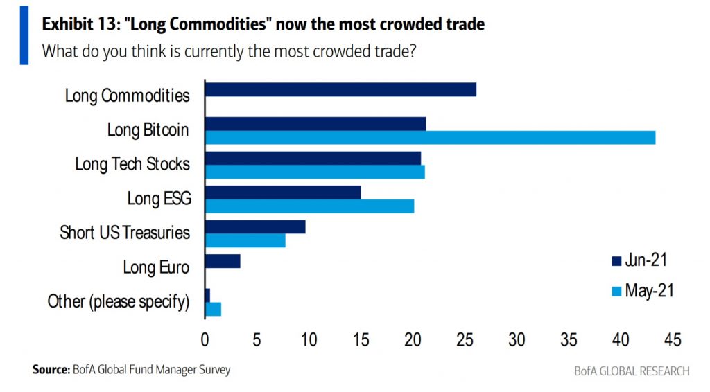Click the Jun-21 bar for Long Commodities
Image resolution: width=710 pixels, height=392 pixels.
[x=340, y=89]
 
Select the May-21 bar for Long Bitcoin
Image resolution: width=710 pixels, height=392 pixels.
[x=430, y=137]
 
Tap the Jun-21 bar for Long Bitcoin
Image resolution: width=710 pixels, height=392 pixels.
[x=315, y=123]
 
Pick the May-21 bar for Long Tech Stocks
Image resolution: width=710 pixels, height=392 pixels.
[x=315, y=172]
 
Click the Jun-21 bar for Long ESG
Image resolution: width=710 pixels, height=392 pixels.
[x=283, y=193]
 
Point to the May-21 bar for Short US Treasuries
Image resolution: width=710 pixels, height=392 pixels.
[x=245, y=240]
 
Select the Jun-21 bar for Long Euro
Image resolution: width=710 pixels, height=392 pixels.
[x=223, y=261]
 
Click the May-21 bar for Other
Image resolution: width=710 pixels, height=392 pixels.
[x=213, y=309]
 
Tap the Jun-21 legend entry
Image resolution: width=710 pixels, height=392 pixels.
[x=639, y=260]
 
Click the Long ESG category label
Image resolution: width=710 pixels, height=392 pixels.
[x=159, y=199]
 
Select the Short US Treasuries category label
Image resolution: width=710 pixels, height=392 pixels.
[x=125, y=233]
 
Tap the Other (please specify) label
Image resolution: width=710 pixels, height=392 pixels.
[x=119, y=301]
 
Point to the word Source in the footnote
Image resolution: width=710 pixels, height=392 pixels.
[x=51, y=370]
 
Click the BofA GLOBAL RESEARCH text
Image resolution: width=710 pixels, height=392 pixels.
[x=632, y=371]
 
